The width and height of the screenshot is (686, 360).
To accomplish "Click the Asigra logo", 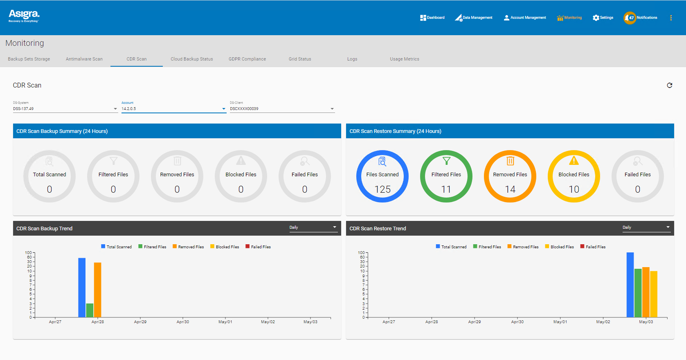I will pos(24,16).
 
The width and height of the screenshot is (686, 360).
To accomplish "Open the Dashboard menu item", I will pos(432,18).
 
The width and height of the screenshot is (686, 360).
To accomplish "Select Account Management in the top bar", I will pos(525,18).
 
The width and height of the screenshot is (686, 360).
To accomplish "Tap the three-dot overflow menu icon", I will pos(671,18).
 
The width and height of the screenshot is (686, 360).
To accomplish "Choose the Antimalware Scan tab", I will pos(84,59).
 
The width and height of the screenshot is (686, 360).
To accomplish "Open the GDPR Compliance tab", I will pos(247,59).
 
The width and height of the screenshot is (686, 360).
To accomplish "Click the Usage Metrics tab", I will pos(404,59).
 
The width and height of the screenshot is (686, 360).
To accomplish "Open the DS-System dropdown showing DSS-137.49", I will pos(65,109).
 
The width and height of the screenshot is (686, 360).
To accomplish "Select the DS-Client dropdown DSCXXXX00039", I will pos(282,109).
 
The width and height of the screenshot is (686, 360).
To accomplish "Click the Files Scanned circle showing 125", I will pos(382,176).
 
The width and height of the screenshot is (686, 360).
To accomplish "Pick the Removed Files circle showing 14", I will pos(510,176).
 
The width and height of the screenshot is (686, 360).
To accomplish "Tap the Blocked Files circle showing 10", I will pos(574,176).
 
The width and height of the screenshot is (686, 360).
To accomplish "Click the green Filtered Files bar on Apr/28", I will pos(90,310).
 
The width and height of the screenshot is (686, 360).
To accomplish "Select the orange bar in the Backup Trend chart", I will pos(97,290).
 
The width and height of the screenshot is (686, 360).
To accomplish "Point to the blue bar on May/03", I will pos(630,285).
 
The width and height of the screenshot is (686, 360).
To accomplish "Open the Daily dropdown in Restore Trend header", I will pos(646,227).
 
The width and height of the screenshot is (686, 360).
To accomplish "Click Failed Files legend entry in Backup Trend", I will pos(258,247).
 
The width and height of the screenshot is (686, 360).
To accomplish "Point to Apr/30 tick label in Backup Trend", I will pos(183,322).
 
